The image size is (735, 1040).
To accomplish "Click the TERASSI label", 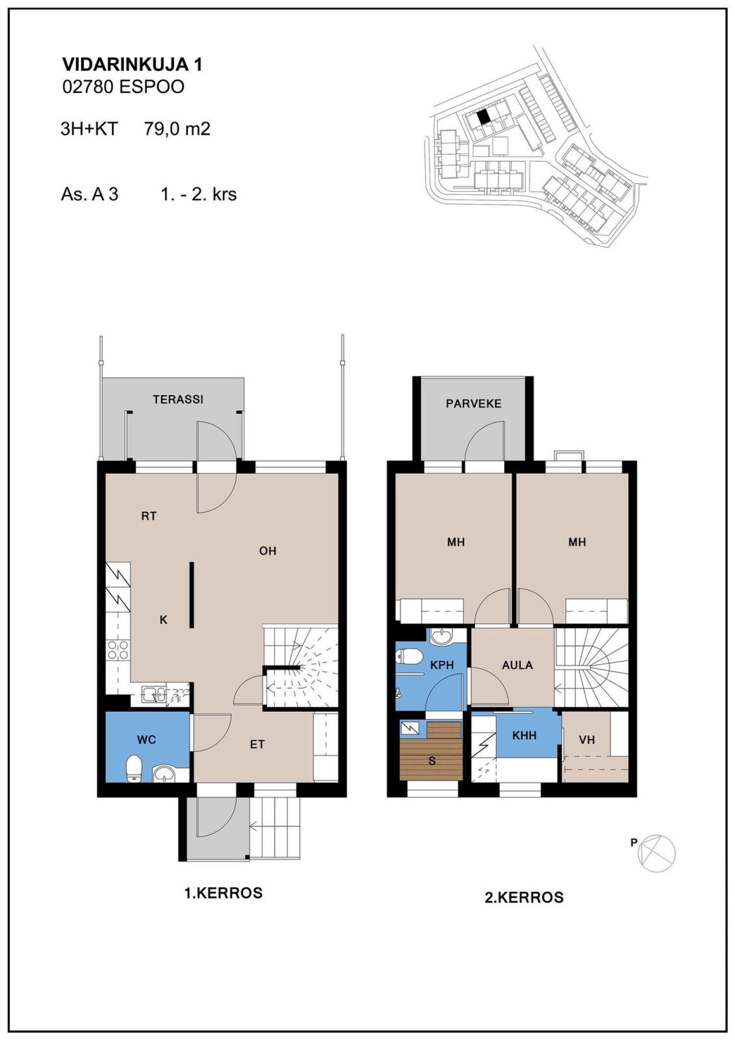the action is pyautogui.click(x=178, y=399).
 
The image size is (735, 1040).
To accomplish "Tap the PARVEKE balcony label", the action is pyautogui.click(x=474, y=404).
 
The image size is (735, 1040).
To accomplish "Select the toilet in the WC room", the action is pyautogui.click(x=134, y=768).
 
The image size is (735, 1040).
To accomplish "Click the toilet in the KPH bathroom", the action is pyautogui.click(x=409, y=656).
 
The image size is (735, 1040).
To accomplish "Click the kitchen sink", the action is pyautogui.click(x=154, y=694).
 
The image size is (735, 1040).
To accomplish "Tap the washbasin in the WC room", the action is pyautogui.click(x=164, y=774).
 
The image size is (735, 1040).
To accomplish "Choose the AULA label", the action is pyautogui.click(x=517, y=665).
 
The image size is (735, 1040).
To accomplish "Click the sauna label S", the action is pyautogui.click(x=432, y=761).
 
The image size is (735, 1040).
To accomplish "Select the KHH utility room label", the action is pyautogui.click(x=524, y=736).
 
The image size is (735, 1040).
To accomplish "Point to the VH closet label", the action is pyautogui.click(x=587, y=740).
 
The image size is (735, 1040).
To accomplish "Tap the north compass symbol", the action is pyautogui.click(x=657, y=853).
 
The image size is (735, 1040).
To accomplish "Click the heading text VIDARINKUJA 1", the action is pyautogui.click(x=132, y=64).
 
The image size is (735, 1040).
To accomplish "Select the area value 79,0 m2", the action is pyautogui.click(x=177, y=129).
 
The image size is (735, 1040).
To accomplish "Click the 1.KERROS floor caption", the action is pyautogui.click(x=224, y=893).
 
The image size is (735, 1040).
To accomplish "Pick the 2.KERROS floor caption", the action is pyautogui.click(x=524, y=898).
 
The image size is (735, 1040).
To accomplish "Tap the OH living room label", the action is pyautogui.click(x=267, y=551).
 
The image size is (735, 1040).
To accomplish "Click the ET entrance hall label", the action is pyautogui.click(x=257, y=744).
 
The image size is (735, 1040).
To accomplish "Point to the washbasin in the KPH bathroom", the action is pyautogui.click(x=441, y=637).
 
